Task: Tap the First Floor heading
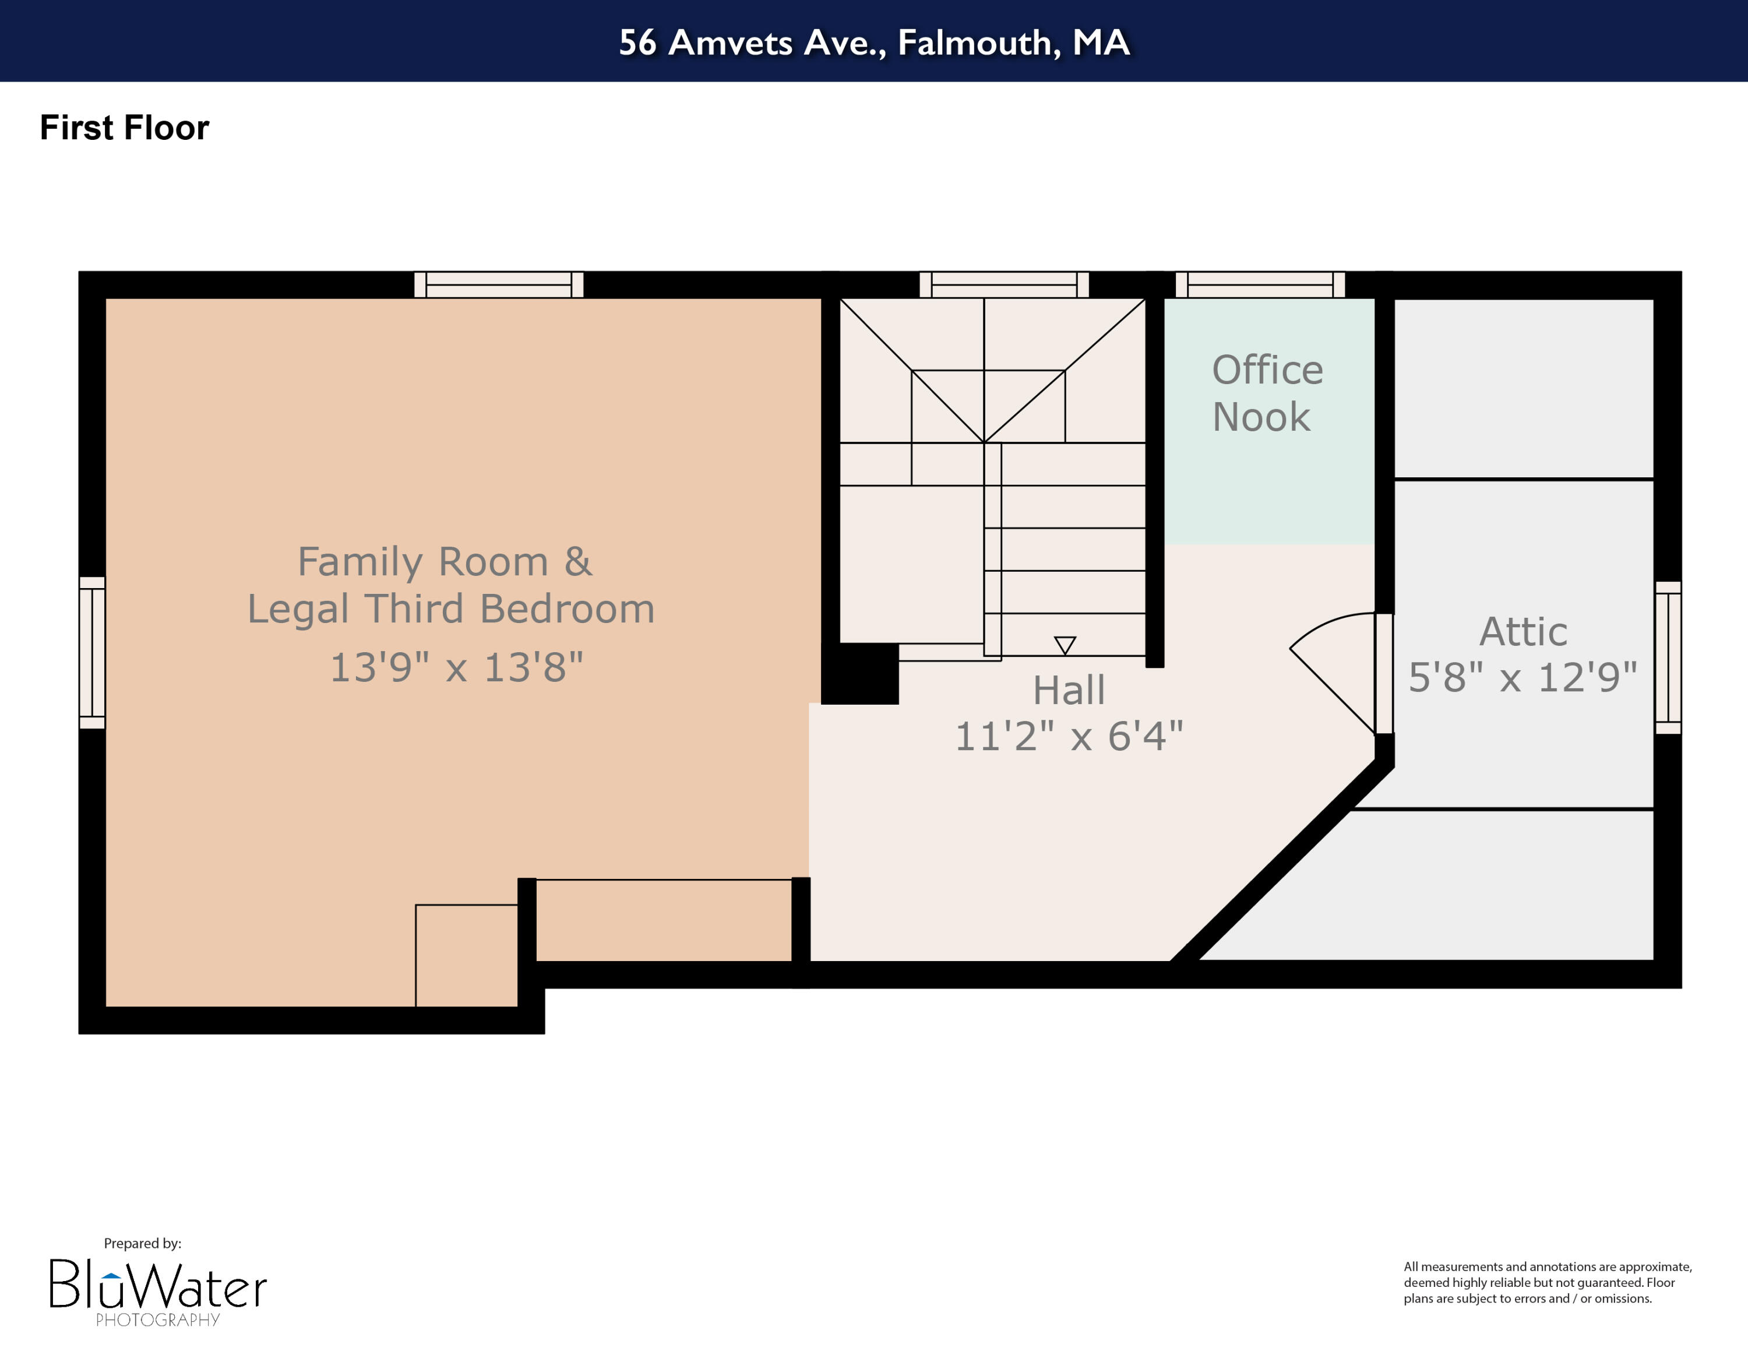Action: tap(124, 128)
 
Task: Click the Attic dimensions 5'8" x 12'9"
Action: tap(1523, 678)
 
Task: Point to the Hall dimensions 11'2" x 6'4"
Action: tap(1069, 736)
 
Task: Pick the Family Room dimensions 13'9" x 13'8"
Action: tap(456, 667)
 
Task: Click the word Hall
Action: tap(1069, 690)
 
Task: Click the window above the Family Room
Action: tap(499, 285)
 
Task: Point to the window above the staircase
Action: tap(1004, 285)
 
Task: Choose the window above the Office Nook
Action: tap(1260, 285)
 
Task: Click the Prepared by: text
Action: tap(143, 1243)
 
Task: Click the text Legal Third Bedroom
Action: tap(450, 609)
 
